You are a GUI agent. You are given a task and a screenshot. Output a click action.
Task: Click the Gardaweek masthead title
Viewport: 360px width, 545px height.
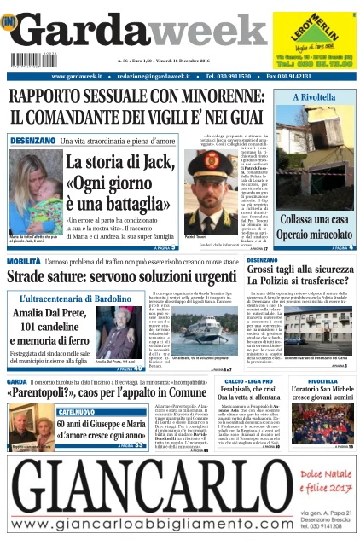click(128, 34)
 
